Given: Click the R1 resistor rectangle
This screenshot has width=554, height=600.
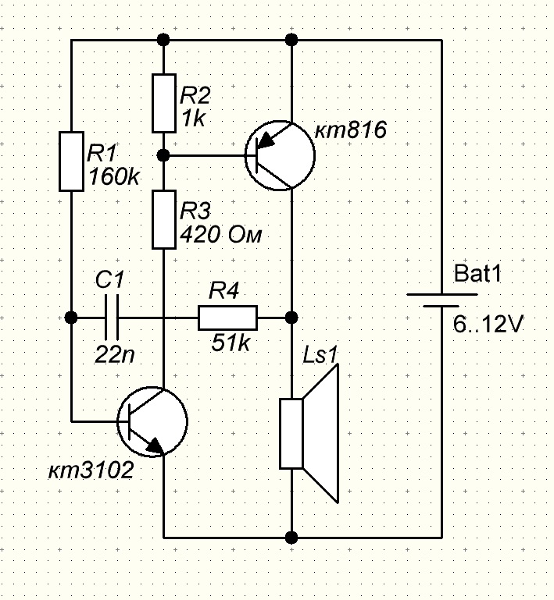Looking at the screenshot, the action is pyautogui.click(x=71, y=161).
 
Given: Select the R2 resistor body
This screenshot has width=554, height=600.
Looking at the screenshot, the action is pyautogui.click(x=164, y=103).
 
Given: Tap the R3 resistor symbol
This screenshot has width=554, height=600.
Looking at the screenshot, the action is pyautogui.click(x=164, y=219).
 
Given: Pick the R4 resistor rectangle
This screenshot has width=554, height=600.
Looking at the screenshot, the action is pyautogui.click(x=227, y=318).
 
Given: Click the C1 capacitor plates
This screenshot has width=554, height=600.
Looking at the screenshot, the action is pyautogui.click(x=111, y=318).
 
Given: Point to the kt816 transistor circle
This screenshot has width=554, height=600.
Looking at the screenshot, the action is pyautogui.click(x=280, y=155).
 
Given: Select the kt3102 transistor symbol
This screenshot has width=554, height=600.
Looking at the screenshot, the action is pyautogui.click(x=152, y=421).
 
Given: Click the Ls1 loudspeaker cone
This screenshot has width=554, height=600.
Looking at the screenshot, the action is pyautogui.click(x=321, y=433).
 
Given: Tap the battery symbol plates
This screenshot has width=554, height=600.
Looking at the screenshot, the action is pyautogui.click(x=441, y=300).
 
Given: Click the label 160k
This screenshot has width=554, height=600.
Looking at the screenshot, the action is pyautogui.click(x=114, y=177).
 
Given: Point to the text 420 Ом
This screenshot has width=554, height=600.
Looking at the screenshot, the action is pyautogui.click(x=220, y=234).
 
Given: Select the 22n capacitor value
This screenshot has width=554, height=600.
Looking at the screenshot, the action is pyautogui.click(x=115, y=355).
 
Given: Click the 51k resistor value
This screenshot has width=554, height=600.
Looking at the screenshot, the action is pyautogui.click(x=231, y=343).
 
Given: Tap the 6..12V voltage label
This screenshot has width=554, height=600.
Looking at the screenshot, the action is pyautogui.click(x=488, y=325).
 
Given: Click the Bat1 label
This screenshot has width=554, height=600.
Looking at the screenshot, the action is pyautogui.click(x=477, y=274).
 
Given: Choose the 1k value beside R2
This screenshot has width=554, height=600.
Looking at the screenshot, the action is pyautogui.click(x=194, y=119).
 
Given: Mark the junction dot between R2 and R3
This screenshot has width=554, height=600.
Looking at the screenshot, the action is pyautogui.click(x=164, y=155).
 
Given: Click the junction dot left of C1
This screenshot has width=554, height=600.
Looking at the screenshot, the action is pyautogui.click(x=71, y=318).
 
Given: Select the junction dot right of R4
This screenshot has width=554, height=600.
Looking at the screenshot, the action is pyautogui.click(x=291, y=318).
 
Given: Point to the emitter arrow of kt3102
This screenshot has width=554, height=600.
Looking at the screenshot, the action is pyautogui.click(x=155, y=446).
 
